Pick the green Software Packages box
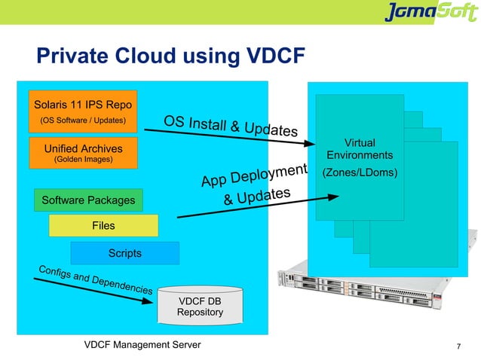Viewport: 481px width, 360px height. click(87, 200)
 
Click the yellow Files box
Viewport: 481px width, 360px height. click(103, 225)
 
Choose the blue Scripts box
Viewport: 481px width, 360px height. click(124, 253)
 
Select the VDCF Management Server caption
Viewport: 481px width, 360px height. click(142, 344)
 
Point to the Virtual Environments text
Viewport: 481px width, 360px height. click(360, 149)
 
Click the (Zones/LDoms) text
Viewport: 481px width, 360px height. click(360, 173)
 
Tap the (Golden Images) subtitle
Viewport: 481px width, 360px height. click(83, 160)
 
